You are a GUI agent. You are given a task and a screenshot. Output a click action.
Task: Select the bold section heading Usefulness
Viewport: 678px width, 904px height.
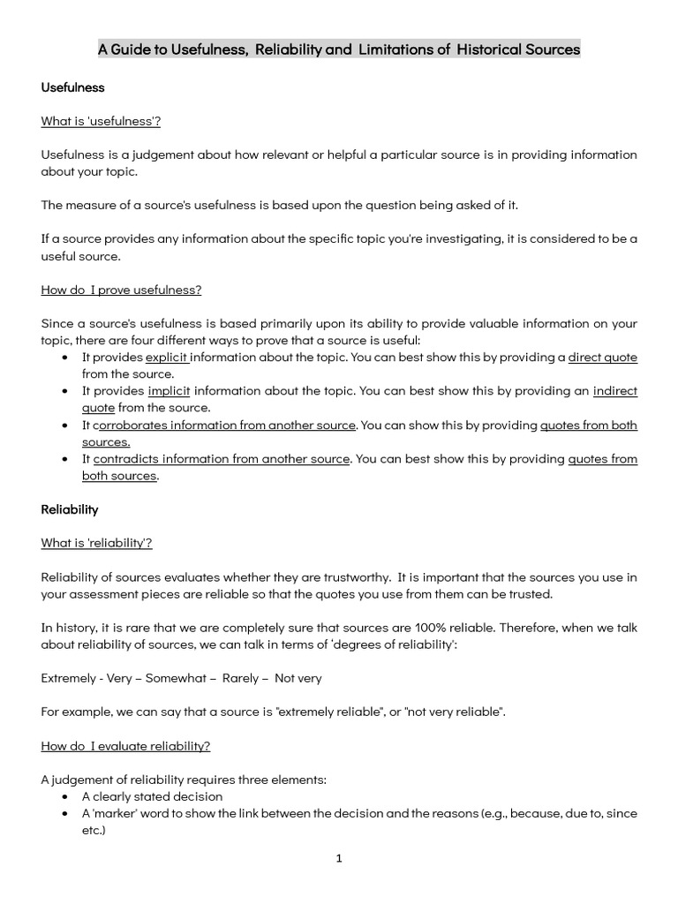(x=72, y=87)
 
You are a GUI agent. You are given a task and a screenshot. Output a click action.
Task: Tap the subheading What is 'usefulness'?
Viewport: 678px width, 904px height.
(x=101, y=121)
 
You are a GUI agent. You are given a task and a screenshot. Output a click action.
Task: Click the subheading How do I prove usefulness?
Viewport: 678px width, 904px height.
(x=121, y=289)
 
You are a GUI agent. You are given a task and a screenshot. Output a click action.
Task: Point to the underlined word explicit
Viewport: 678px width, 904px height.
(x=167, y=358)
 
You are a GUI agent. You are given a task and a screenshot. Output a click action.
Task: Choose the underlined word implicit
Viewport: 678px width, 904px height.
(x=168, y=391)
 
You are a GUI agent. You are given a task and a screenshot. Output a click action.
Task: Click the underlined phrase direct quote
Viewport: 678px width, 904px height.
(x=602, y=358)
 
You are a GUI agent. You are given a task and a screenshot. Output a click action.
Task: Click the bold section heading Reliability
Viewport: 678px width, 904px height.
(x=70, y=509)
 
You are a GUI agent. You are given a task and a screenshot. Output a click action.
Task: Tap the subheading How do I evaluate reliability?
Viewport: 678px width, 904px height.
(x=125, y=746)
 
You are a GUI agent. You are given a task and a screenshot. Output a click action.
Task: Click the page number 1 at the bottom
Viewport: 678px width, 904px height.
(x=339, y=858)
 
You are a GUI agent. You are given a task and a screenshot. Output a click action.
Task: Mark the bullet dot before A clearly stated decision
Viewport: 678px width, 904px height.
(x=68, y=797)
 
